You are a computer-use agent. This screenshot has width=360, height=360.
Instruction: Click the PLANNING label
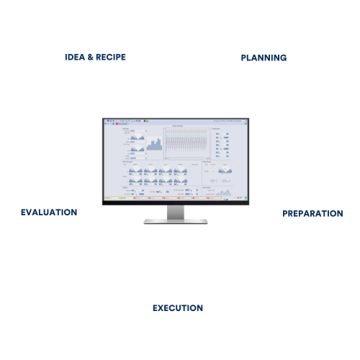coord(263,57)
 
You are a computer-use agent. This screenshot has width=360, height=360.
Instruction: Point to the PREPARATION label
coord(312,213)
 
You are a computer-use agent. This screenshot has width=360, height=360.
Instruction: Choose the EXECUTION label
coord(178,308)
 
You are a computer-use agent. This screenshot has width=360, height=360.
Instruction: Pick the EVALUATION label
coord(49,212)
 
